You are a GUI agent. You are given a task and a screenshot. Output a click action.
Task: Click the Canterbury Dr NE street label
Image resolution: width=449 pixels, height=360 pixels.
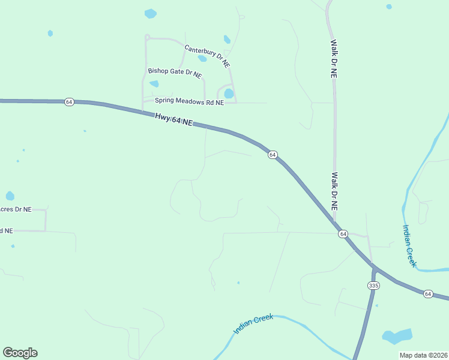pyautogui.click(x=207, y=56)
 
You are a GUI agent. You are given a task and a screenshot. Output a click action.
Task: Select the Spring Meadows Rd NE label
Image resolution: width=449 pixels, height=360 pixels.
pyautogui.click(x=189, y=102)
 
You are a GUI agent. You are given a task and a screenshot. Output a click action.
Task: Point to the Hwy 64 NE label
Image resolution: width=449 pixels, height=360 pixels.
pyautogui.click(x=173, y=119)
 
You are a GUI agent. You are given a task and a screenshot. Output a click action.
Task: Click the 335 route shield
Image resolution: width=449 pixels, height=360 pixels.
pyautogui.click(x=374, y=286)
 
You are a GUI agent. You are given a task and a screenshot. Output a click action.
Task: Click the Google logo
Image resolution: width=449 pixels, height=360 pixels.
pyautogui.click(x=20, y=353)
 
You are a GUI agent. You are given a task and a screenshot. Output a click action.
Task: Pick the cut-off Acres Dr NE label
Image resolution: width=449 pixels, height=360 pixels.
pyautogui.click(x=15, y=209)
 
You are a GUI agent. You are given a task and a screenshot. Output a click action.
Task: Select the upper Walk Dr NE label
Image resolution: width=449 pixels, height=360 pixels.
pyautogui.click(x=334, y=59)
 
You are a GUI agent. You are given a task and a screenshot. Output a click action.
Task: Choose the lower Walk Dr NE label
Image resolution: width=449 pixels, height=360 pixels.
pyautogui.click(x=334, y=191)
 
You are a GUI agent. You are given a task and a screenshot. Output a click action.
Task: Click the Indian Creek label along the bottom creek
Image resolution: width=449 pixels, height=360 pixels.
pyautogui.click(x=253, y=324)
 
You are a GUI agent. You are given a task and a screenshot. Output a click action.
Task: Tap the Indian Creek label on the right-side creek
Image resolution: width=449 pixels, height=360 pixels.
pyautogui.click(x=409, y=245)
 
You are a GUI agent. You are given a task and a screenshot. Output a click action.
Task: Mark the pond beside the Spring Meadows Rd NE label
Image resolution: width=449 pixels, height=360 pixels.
pyautogui.click(x=229, y=94)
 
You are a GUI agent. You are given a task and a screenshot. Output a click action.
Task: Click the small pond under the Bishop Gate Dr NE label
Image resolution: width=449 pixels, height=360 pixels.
pyautogui.click(x=154, y=84)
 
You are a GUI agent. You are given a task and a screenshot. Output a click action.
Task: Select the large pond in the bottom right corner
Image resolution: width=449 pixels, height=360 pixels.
pyautogui.click(x=397, y=337)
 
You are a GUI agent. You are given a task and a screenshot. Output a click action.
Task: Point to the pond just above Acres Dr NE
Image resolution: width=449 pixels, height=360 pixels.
pyautogui.click(x=10, y=196)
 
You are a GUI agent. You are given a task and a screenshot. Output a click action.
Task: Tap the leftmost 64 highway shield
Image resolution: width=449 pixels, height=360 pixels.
pyautogui.click(x=69, y=102)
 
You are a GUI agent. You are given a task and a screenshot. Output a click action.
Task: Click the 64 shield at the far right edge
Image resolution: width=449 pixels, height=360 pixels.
pyautogui.click(x=427, y=293)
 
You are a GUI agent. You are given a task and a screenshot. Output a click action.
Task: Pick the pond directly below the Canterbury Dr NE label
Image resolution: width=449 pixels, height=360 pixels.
pyautogui.click(x=202, y=59)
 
